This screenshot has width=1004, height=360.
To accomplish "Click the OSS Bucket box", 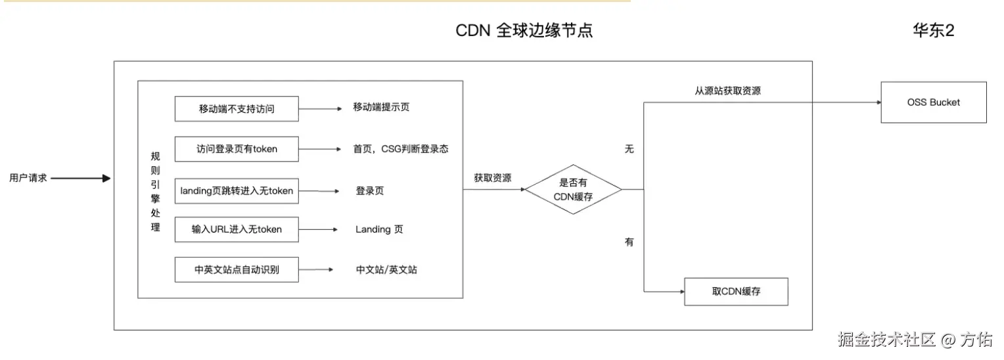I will click(x=933, y=102).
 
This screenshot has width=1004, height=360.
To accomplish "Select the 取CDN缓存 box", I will click(x=736, y=292).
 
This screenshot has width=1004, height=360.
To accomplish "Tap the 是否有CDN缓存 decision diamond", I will click(x=573, y=189).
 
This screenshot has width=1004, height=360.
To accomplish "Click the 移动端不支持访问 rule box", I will click(x=237, y=108).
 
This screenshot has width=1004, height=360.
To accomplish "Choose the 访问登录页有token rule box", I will click(x=237, y=149).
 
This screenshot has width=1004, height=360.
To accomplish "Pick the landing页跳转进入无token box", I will click(x=237, y=191).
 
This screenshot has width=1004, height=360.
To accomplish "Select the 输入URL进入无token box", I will click(x=237, y=229).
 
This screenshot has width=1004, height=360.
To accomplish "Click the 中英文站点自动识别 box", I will click(x=237, y=269).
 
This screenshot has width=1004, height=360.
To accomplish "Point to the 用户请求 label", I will click(x=28, y=178).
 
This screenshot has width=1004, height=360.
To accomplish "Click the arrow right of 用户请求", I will click(x=81, y=178).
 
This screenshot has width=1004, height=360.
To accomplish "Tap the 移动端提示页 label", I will click(x=381, y=107).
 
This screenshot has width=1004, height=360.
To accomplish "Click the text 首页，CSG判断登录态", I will click(x=401, y=149).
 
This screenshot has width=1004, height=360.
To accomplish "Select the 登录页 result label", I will click(x=370, y=191).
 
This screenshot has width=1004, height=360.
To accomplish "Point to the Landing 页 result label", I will click(x=379, y=229).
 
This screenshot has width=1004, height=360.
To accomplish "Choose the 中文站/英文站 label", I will click(x=386, y=270).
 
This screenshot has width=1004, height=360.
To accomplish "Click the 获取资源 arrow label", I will click(x=493, y=177).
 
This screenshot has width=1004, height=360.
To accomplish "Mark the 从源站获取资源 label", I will click(x=728, y=91).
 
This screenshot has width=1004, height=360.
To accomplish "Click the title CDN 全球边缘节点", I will click(x=524, y=31).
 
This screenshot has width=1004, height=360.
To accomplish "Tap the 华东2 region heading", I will click(x=933, y=31).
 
